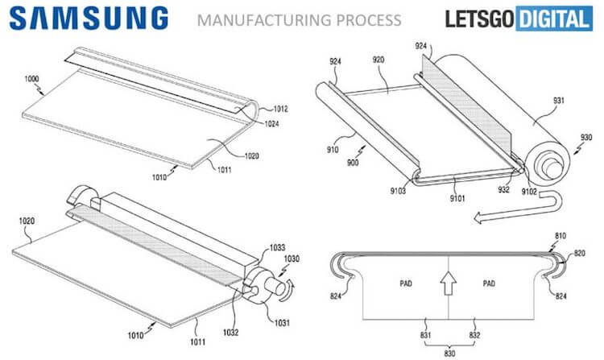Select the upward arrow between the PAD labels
click(447, 283)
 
